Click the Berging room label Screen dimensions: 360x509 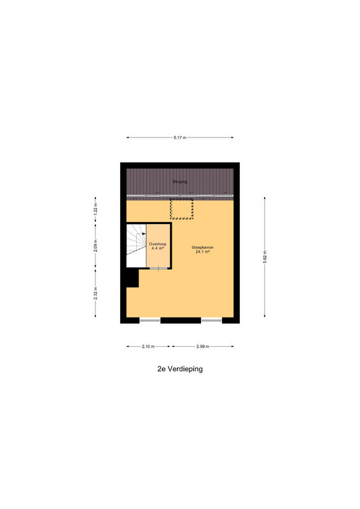[x=180, y=182]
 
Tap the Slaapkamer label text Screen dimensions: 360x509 [x=202, y=248]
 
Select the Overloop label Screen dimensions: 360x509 [x=158, y=244]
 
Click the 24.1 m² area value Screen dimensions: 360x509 [x=202, y=251]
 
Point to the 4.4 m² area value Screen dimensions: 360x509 [x=158, y=248]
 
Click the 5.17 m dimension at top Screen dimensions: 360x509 [x=180, y=137]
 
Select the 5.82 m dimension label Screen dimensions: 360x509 [x=265, y=257]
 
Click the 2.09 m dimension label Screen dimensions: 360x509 [x=95, y=246]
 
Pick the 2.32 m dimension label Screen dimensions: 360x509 [x=95, y=293]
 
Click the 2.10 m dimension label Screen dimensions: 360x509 [x=148, y=346]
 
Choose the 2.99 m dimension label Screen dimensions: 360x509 [x=203, y=346]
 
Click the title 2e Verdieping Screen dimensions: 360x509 [x=180, y=369]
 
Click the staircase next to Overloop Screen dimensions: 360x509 [x=136, y=246]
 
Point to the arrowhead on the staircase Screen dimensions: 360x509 [x=144, y=233]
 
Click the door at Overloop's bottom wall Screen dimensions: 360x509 [x=158, y=268]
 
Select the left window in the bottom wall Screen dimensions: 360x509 [x=150, y=321]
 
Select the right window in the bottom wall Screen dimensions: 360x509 [x=211, y=321]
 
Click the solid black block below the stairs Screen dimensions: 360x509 [x=132, y=277]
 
